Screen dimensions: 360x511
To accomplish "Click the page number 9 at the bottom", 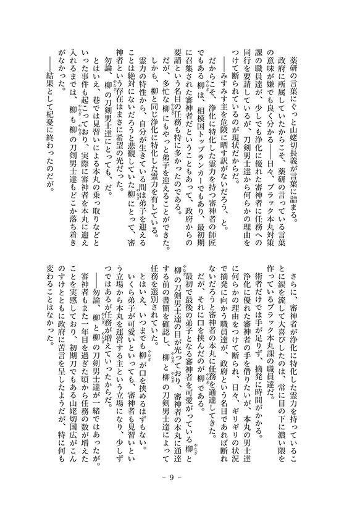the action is [180, 478].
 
